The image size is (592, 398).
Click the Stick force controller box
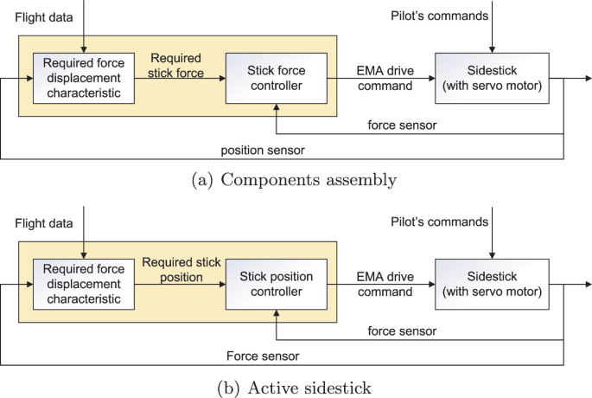click(x=275, y=77)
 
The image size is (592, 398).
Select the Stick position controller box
click(x=275, y=283)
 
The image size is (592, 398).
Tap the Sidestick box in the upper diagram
click(x=491, y=77)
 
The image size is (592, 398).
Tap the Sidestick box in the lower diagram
click(x=491, y=283)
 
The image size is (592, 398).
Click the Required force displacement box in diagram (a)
click(x=83, y=78)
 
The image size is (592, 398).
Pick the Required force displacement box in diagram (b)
click(x=83, y=284)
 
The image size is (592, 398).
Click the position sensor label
click(x=262, y=151)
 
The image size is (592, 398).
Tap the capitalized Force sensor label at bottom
click(x=262, y=355)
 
